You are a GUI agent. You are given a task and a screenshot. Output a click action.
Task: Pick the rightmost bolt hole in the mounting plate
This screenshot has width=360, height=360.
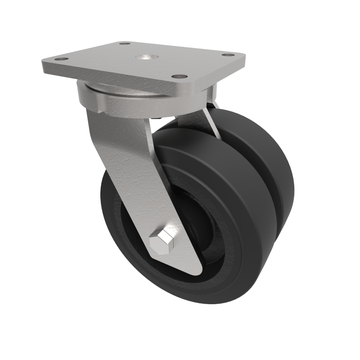232,56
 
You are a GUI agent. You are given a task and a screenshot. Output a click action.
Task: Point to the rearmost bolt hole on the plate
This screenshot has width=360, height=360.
122,44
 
